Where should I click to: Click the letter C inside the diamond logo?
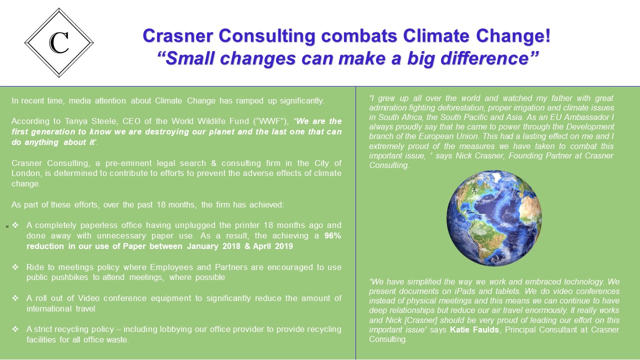[x=59, y=43]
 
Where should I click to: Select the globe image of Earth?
[x=494, y=218]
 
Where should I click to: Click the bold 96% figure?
[x=332, y=235]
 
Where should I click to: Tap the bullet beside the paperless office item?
[x=15, y=225]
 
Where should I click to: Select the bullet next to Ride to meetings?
[x=15, y=267]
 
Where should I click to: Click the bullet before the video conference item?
[x=15, y=298]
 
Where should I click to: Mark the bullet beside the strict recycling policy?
[x=15, y=329]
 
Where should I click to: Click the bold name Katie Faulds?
[x=474, y=329]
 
